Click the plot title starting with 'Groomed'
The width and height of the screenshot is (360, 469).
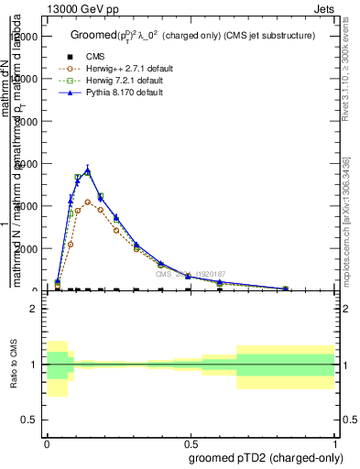coord(192,36)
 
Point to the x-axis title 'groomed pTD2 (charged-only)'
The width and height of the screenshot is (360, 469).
coord(263,457)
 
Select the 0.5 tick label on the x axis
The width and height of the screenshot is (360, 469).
coord(191,442)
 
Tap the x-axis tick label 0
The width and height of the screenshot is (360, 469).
coord(48,442)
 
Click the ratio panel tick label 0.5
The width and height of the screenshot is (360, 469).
coord(30,420)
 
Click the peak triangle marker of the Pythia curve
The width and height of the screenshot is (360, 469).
coord(88,170)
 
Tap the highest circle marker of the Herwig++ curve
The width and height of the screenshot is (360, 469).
coord(88,202)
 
